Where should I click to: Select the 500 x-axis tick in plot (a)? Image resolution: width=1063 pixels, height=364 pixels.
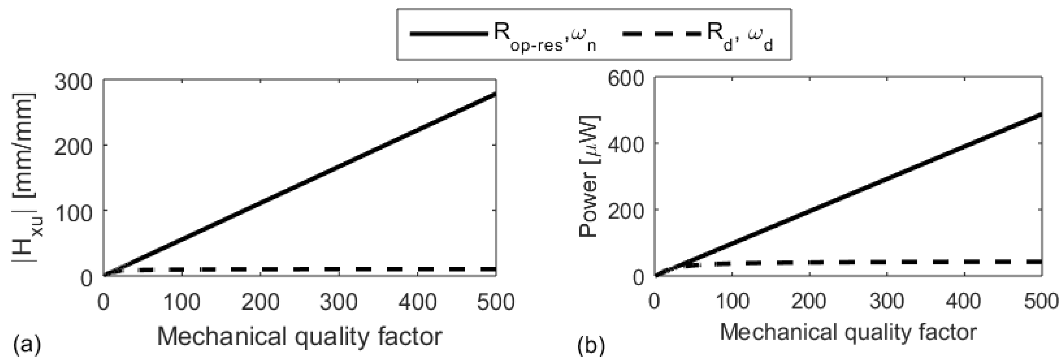[495, 302]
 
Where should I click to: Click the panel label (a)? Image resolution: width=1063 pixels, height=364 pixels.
[27, 344]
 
